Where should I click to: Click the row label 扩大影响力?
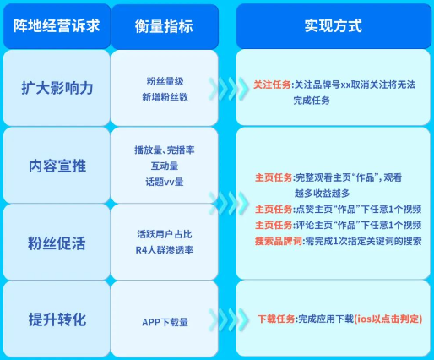[57, 89]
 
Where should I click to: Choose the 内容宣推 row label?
[57, 165]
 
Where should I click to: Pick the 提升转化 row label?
[57, 319]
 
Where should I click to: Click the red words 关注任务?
[272, 85]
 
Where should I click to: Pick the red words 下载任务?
[276, 319]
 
